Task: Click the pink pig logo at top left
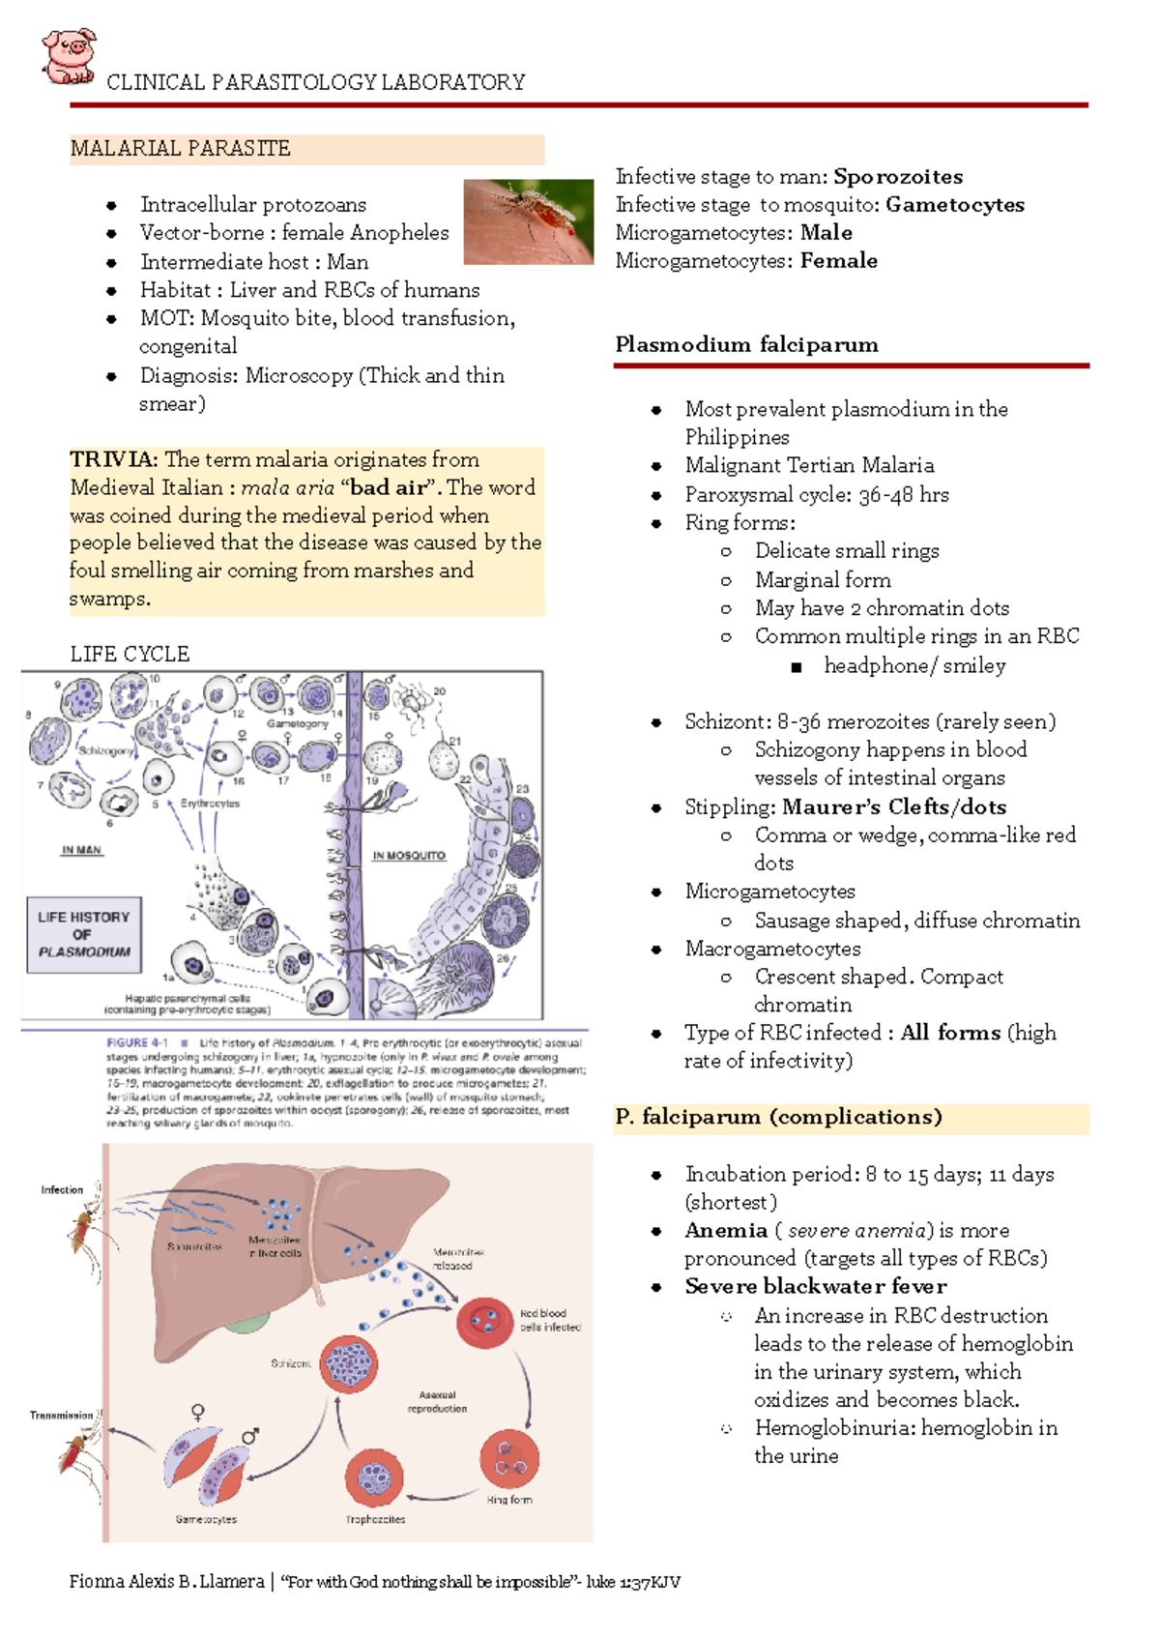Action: (69, 56)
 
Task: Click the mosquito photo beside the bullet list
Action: (528, 221)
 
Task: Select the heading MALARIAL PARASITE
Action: (180, 149)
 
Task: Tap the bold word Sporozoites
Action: (898, 177)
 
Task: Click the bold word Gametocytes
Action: (954, 205)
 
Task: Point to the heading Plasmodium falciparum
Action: (746, 345)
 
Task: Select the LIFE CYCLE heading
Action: (130, 654)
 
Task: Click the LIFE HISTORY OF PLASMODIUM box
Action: (84, 934)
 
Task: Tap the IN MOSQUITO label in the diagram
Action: (409, 856)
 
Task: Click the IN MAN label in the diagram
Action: (81, 850)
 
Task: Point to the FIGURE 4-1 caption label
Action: (137, 1043)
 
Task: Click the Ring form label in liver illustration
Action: (508, 1500)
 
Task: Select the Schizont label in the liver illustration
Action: (290, 1363)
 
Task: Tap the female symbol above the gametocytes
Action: (198, 1413)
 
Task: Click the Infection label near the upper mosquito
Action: (62, 1190)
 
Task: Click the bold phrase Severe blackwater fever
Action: (816, 1287)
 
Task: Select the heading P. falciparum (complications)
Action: (778, 1118)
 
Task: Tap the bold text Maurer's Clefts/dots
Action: (894, 807)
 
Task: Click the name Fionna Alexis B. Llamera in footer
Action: (166, 1582)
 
